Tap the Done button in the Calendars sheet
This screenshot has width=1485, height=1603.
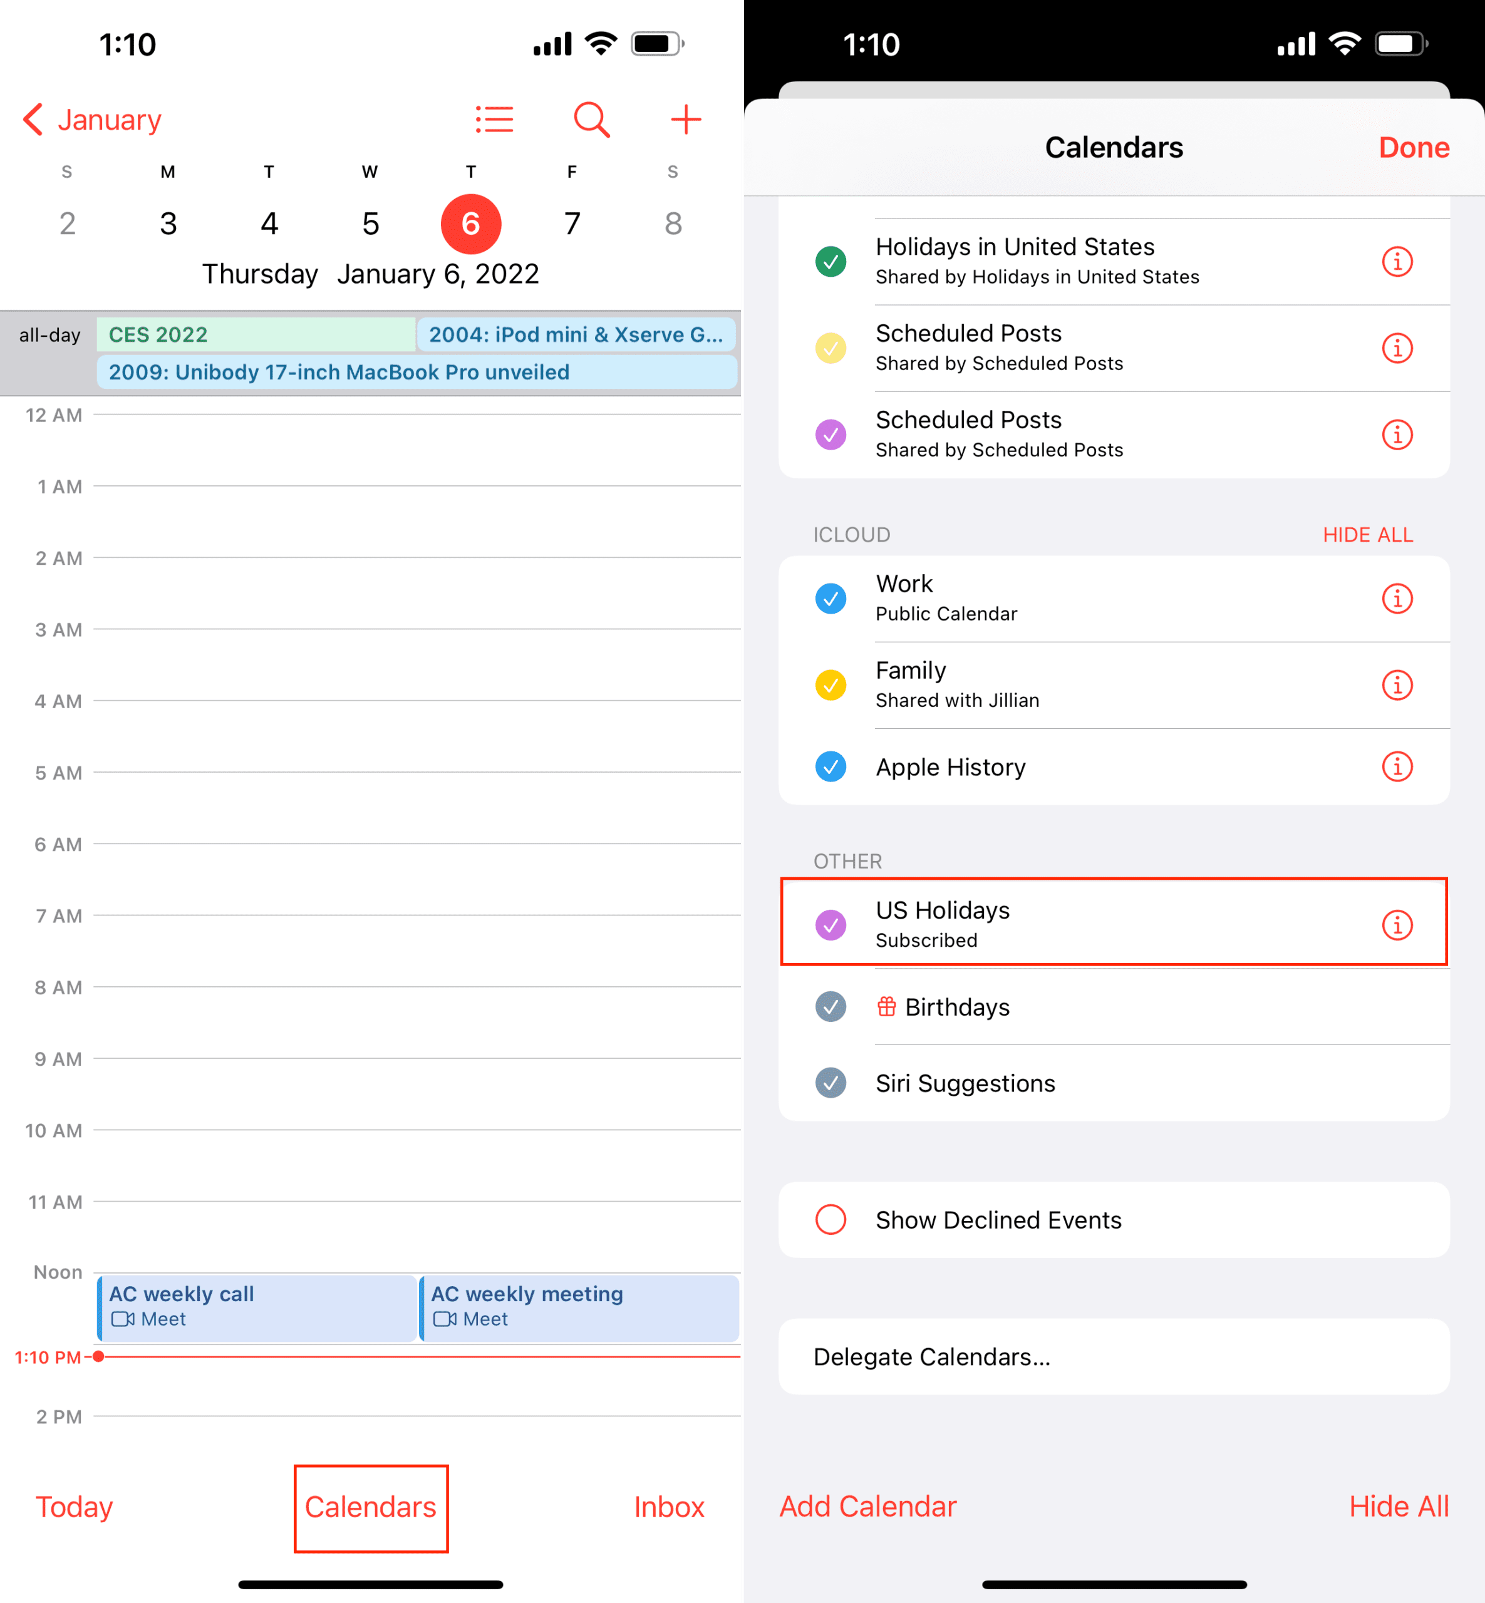[1414, 148]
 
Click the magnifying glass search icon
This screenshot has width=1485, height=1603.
[591, 120]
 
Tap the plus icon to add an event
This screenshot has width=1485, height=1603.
[685, 120]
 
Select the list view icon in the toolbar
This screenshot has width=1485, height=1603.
[494, 120]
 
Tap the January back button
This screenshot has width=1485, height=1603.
[91, 120]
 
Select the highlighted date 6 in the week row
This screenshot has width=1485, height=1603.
[471, 224]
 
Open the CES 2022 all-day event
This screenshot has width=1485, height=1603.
[256, 334]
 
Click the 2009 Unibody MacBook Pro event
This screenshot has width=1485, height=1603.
[417, 372]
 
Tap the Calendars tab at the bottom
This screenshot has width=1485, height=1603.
[370, 1507]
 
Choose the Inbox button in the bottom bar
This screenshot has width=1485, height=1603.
[668, 1507]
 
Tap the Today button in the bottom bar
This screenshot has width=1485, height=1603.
[74, 1507]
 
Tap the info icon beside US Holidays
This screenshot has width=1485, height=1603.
[1397, 925]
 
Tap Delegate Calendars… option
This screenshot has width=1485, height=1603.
[931, 1356]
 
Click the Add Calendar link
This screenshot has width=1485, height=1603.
[868, 1506]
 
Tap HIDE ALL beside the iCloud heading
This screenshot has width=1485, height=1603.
[1368, 535]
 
